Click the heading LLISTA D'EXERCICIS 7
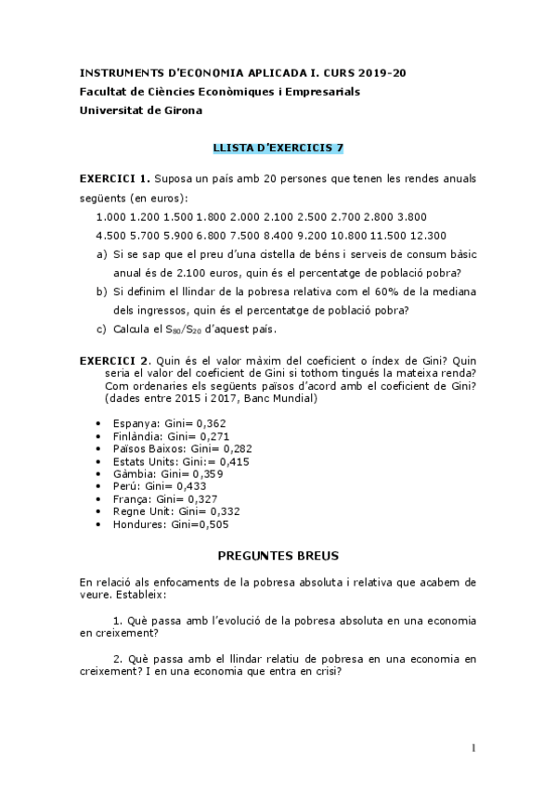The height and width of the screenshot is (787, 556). point(278,147)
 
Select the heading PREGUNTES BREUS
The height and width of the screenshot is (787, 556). point(278,555)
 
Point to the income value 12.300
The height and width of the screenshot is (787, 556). point(428,235)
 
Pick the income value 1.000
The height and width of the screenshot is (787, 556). point(111,216)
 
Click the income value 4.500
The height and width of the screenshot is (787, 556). point(111,235)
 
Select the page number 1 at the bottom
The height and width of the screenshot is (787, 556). point(472,748)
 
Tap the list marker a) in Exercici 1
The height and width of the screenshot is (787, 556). point(101,253)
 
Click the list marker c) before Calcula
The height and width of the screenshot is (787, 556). point(101,329)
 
